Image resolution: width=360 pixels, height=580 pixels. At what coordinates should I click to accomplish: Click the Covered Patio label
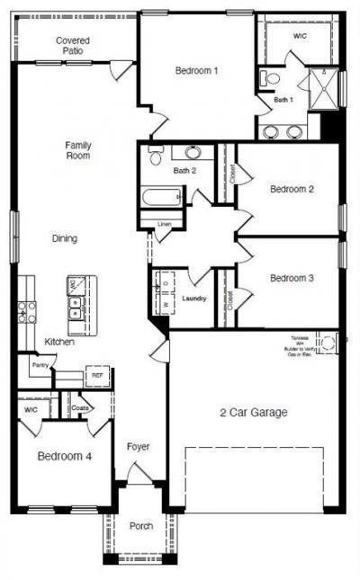pos(72,46)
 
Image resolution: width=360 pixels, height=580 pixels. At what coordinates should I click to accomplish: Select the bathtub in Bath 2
pos(163,197)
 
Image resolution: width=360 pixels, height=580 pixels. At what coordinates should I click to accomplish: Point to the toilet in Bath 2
pos(157,156)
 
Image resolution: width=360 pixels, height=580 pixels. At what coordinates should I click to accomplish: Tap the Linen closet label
pos(164,223)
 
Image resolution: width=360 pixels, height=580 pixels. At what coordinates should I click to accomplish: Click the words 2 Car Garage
pos(254,413)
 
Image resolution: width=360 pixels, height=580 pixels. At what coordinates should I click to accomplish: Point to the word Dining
pos(64,239)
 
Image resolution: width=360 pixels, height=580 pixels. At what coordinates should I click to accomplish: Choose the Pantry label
pos(39,366)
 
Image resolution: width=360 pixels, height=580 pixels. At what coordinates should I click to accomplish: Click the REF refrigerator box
pos(96,376)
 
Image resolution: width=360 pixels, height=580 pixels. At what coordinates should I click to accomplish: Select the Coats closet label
pos(82,407)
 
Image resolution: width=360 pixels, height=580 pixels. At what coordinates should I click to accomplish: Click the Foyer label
pos(138,446)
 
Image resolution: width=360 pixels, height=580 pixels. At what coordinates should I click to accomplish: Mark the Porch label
pos(141,526)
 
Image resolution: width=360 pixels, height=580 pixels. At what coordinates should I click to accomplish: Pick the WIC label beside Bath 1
pos(300,36)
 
